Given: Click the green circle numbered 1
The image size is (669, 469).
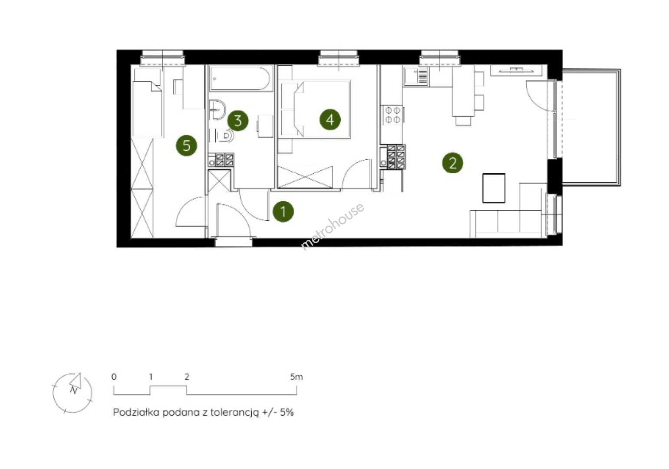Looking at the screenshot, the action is coord(283,211).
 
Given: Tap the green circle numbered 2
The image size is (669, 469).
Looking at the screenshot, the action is coord(453,163).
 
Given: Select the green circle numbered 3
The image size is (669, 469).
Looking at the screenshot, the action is coord(238,121).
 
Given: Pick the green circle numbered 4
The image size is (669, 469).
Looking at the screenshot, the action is coord(330,119).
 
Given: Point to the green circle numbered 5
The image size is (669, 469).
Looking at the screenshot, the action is coord(187,146).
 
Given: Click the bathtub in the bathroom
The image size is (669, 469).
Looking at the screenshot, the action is coord(241,78).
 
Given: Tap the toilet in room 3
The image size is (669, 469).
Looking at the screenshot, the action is coord(224,136).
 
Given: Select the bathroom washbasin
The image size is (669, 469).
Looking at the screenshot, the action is coord(217,109).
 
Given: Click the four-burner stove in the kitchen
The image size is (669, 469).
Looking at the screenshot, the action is coord(393,115).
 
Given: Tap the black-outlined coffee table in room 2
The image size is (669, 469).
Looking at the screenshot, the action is coord(494,188).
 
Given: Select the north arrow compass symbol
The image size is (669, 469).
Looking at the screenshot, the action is coord(73,393).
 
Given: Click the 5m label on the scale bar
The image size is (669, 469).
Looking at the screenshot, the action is coord(296,377).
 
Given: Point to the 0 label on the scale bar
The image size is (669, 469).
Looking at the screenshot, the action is coord(114,377).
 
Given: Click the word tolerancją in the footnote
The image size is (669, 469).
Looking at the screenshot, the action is coord(234,413).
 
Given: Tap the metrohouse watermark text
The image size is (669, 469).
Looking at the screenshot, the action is coord(332,226).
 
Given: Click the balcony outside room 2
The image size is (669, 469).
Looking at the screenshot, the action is coord(591,128).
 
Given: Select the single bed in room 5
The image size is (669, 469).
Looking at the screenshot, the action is coord(148,102).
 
